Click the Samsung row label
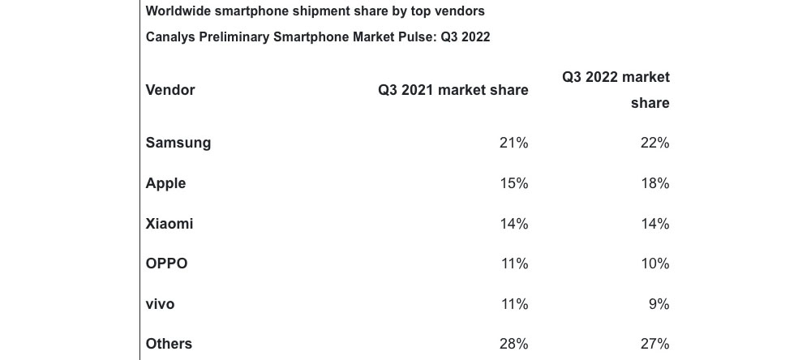tap(178, 143)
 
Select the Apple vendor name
tap(165, 183)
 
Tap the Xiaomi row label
tap(169, 224)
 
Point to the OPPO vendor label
tap(166, 264)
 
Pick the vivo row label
tap(160, 304)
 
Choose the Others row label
tap(169, 344)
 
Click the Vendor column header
tap(170, 90)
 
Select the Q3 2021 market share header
tap(453, 90)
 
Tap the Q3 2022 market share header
tap(616, 89)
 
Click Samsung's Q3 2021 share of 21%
tap(513, 143)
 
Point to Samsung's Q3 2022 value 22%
tap(654, 143)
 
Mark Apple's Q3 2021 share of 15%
tap(513, 183)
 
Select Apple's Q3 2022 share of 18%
tap(654, 183)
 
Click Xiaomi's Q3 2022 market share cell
tap(654, 224)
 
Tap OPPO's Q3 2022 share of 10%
tap(654, 264)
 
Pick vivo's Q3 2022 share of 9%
tap(659, 304)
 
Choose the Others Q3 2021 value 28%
tap(513, 344)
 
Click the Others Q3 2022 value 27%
tap(654, 344)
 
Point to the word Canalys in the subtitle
tap(171, 37)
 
